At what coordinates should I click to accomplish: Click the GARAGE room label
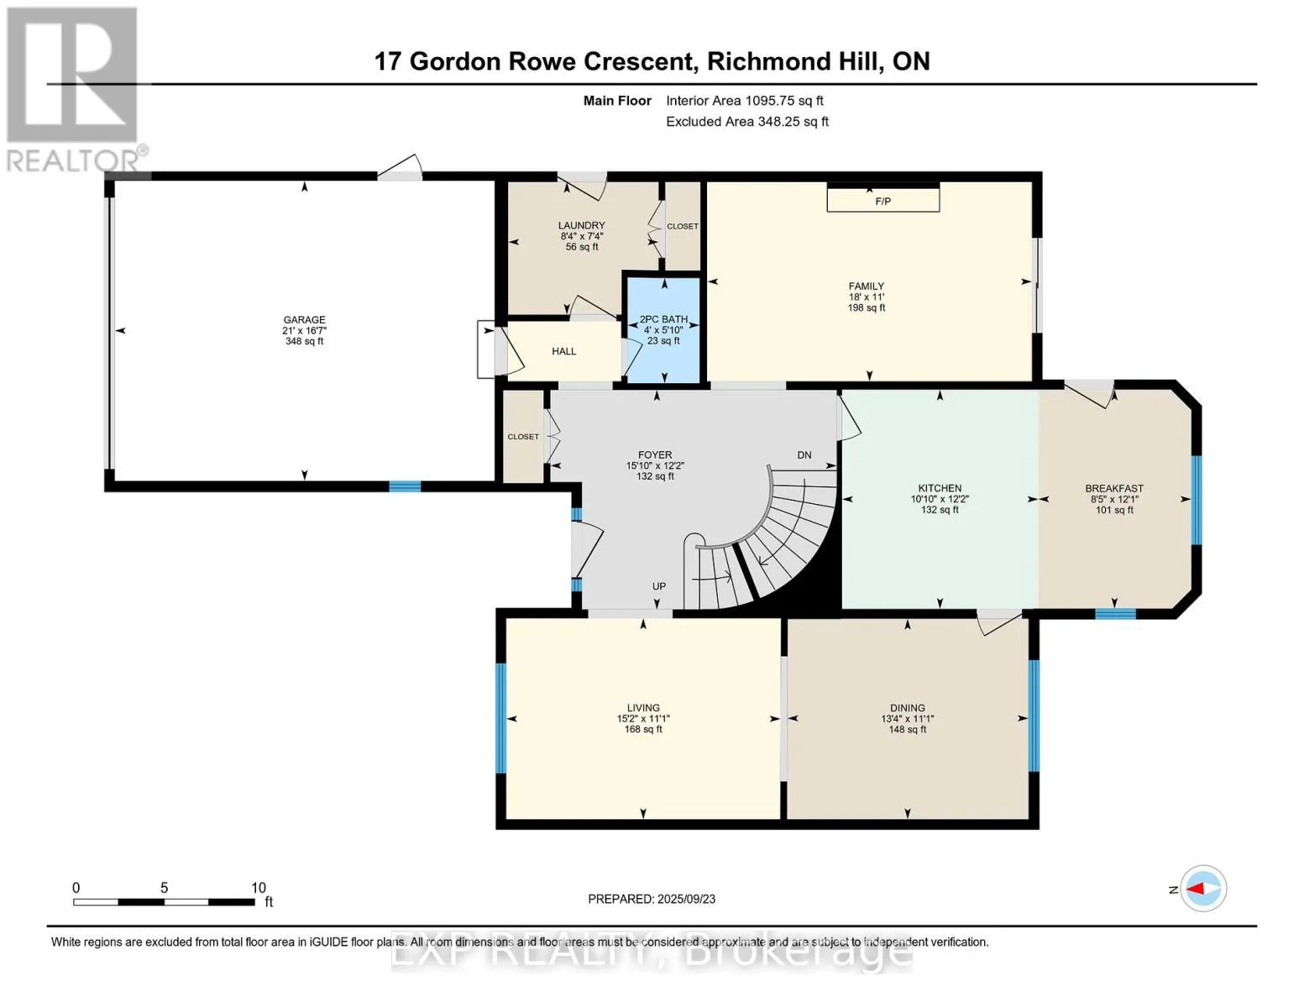(x=304, y=320)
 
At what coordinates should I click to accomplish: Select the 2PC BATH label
(x=663, y=319)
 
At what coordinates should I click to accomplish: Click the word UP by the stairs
(x=659, y=586)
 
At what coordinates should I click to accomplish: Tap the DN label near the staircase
(x=804, y=455)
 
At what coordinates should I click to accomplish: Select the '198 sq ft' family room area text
(x=866, y=308)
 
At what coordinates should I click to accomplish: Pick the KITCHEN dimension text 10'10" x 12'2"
(x=940, y=499)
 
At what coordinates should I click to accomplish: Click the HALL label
(x=563, y=351)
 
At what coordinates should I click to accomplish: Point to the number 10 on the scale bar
(x=259, y=888)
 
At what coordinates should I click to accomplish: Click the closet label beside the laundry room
(x=683, y=226)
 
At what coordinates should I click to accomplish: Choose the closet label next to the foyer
(x=522, y=437)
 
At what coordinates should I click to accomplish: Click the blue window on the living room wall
(x=500, y=718)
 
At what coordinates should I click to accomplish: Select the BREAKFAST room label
(x=1114, y=489)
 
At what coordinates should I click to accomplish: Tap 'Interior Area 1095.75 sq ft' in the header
(x=745, y=101)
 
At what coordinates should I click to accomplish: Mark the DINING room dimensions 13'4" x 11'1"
(x=908, y=719)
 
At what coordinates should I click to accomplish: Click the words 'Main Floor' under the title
(x=617, y=101)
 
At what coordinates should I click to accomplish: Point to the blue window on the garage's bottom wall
(x=405, y=486)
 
